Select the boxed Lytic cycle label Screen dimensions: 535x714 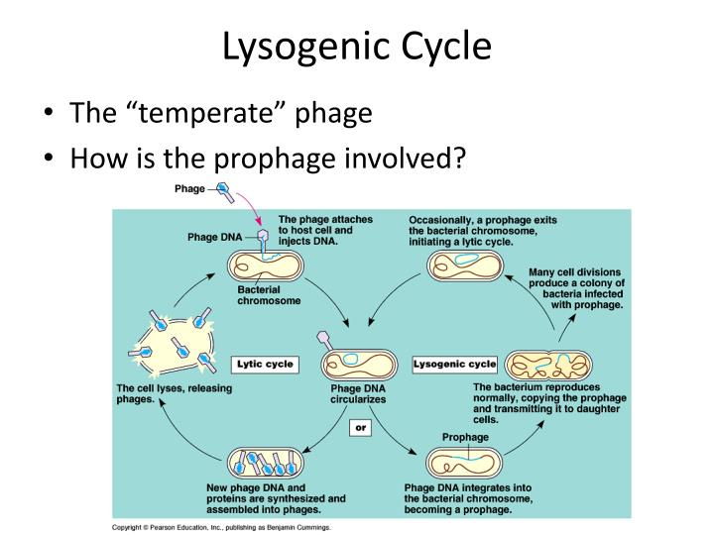(x=265, y=365)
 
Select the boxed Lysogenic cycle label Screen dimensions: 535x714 (x=454, y=365)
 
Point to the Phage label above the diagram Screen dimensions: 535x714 (x=190, y=188)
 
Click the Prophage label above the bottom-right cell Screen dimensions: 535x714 (x=465, y=437)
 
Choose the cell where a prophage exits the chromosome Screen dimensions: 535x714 (x=464, y=265)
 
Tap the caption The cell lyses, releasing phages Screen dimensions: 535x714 (x=175, y=394)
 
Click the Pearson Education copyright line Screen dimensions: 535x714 (x=220, y=528)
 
